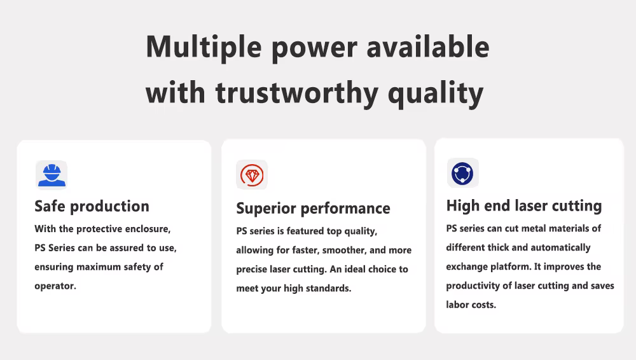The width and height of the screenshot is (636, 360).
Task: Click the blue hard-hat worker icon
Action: click(52, 175)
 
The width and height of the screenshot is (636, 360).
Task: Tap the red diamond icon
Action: click(252, 175)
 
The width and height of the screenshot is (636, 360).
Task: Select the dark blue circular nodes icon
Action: click(463, 173)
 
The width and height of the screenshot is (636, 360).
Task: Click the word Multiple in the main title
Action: click(204, 48)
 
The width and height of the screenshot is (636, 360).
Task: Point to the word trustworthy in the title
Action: click(296, 93)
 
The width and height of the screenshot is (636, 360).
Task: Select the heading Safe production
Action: click(92, 206)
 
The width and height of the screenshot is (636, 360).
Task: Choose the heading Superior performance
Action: click(313, 209)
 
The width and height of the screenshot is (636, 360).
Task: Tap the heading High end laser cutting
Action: click(524, 206)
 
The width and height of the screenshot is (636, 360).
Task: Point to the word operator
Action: click(55, 286)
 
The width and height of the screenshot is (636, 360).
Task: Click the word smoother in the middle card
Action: click(344, 250)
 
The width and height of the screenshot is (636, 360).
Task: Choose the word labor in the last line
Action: click(457, 305)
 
